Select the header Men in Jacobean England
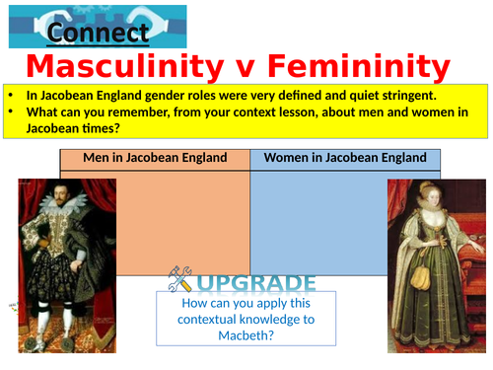155,158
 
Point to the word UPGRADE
257,283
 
